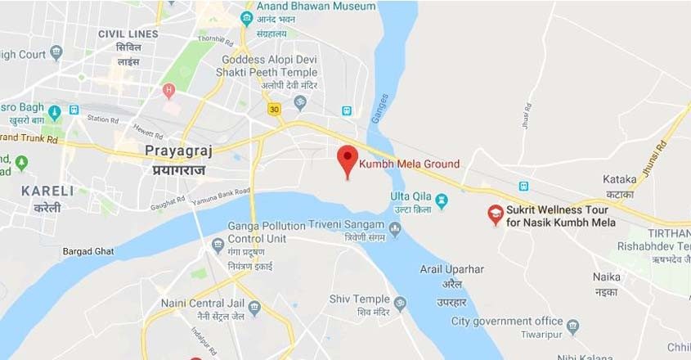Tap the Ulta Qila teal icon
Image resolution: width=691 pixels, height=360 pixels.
(442, 198)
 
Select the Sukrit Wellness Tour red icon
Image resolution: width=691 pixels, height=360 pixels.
(495, 214)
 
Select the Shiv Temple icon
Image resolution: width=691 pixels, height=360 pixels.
(400, 304)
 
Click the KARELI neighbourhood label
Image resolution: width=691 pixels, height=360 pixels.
(47, 191)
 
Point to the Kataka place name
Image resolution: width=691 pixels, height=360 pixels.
(619, 179)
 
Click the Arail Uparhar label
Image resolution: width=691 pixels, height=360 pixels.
(452, 269)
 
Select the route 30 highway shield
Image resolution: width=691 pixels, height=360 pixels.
(274, 109)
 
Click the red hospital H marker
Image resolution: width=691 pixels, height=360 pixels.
(169, 89)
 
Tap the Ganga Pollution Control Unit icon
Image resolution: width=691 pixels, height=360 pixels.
(218, 245)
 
